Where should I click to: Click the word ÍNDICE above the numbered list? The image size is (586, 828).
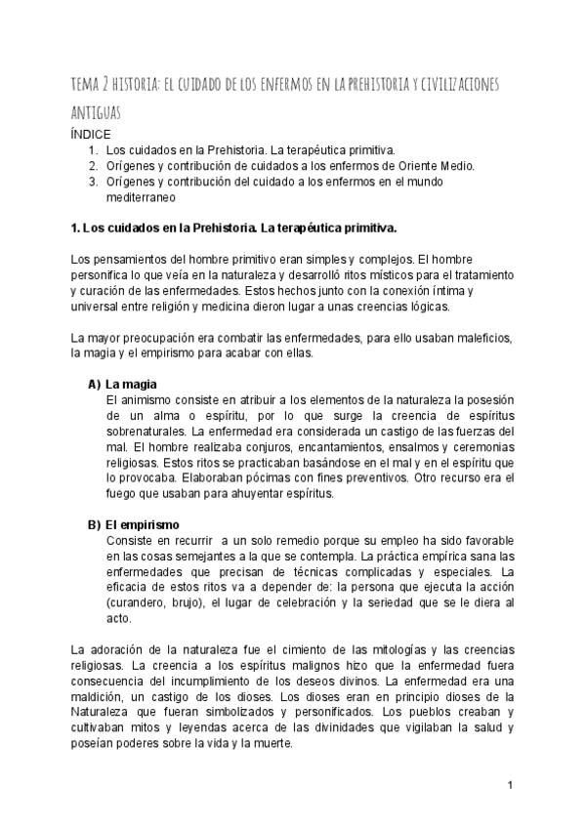pos(92,133)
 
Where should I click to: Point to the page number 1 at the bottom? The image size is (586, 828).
pos(510,785)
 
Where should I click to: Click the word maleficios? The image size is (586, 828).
pos(463,337)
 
